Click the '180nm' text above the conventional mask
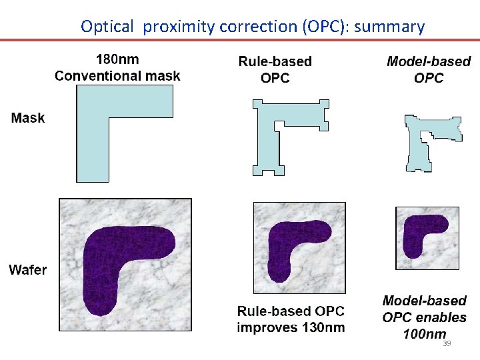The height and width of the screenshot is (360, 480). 117,59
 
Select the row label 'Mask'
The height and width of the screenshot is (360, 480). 28,118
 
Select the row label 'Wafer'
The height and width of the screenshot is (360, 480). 28,270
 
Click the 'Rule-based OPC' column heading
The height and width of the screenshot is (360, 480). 275,69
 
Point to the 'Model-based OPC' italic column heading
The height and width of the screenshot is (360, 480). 429,69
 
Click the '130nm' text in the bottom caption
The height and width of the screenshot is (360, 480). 323,327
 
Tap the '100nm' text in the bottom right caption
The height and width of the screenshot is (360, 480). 425,333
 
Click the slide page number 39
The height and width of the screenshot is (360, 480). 447,343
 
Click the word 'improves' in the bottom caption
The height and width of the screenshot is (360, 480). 267,327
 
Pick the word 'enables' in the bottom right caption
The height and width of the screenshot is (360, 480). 442,317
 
